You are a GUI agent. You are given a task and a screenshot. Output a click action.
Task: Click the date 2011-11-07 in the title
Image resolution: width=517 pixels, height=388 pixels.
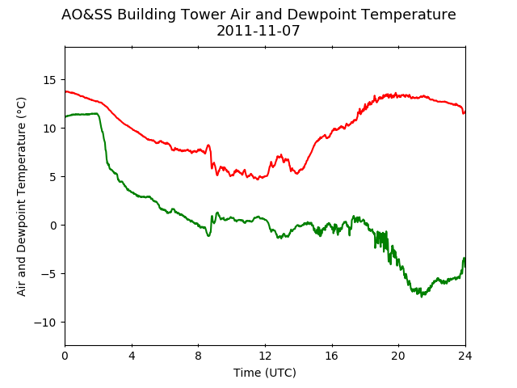click(x=258, y=31)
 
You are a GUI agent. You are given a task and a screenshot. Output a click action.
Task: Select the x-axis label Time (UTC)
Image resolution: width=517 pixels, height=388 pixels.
click(x=265, y=373)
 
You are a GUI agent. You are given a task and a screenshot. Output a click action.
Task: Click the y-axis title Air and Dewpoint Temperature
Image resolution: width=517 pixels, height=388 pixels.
click(x=21, y=196)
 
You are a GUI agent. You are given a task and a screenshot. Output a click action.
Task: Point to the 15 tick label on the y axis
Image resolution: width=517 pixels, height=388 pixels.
click(x=49, y=80)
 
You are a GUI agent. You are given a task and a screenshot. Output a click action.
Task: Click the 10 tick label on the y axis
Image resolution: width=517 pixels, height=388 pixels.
click(x=49, y=129)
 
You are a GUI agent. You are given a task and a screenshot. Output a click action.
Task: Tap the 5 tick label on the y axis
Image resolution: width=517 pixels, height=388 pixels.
click(x=53, y=177)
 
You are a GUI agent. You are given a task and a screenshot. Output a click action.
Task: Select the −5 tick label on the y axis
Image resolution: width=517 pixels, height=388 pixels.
click(x=48, y=274)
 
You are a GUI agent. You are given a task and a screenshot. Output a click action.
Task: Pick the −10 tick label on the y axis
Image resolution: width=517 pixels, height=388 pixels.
click(x=45, y=323)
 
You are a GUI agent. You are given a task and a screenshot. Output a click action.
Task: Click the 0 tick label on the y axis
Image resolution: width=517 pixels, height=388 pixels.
click(x=53, y=226)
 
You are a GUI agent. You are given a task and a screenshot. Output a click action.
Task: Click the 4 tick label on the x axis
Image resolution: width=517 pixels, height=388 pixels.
click(x=132, y=356)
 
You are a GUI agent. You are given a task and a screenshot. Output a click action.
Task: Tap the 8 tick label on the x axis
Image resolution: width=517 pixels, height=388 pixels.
click(x=199, y=356)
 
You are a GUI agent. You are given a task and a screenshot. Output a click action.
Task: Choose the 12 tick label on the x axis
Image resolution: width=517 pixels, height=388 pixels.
click(x=265, y=356)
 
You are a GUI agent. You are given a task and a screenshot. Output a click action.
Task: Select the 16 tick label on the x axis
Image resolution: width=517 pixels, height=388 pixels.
click(x=332, y=356)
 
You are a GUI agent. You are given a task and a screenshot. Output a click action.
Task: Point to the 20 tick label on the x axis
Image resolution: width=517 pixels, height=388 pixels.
click(x=398, y=356)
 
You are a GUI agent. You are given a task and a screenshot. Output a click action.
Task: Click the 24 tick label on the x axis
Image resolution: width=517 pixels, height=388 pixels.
click(x=465, y=356)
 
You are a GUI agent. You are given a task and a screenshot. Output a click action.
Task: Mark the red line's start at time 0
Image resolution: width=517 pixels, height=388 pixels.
click(x=65, y=91)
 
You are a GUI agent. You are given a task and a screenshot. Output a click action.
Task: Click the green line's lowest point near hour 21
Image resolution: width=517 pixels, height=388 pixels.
click(x=421, y=297)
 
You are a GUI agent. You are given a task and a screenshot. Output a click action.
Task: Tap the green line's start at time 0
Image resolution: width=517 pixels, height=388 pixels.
click(x=65, y=116)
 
